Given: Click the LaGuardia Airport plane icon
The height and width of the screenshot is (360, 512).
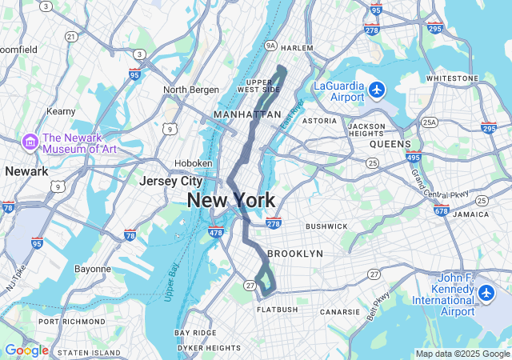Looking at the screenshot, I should pyautogui.click(x=377, y=90).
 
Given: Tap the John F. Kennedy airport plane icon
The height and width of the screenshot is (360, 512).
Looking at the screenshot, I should pyautogui.click(x=486, y=294).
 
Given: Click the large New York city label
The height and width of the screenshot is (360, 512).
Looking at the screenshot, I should pyautogui.click(x=231, y=201).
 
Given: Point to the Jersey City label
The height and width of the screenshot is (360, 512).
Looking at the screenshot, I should pyautogui.click(x=170, y=181).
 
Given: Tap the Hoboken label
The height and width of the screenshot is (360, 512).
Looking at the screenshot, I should pyautogui.click(x=194, y=163).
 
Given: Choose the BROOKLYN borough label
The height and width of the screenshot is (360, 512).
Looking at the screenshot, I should pyautogui.click(x=295, y=253).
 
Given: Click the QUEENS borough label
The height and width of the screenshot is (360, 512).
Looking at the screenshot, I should pyautogui.click(x=390, y=145).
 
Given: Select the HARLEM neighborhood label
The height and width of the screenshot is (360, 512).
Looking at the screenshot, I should pyautogui.click(x=297, y=48).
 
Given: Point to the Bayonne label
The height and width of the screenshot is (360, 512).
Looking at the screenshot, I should pyautogui.click(x=93, y=269).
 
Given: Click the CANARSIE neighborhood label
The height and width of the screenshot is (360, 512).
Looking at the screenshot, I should pyautogui.click(x=346, y=312).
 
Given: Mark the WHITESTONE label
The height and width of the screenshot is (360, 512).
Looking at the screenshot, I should pyautogui.click(x=452, y=78).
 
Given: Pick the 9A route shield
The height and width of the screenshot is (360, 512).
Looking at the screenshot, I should pyautogui.click(x=270, y=46).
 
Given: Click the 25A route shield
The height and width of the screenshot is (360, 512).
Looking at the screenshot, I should pyautogui.click(x=430, y=122).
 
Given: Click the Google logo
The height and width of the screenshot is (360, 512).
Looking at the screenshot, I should pyautogui.click(x=26, y=350).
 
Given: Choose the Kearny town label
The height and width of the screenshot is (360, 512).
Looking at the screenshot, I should pyautogui.click(x=61, y=111).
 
